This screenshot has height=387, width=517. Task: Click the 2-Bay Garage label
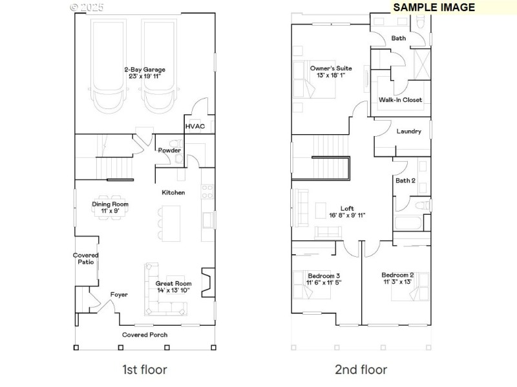(x=145, y=69)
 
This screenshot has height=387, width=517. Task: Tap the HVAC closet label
(x=195, y=126)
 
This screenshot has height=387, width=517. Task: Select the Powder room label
(x=169, y=150)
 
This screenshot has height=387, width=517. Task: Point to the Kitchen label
(x=173, y=192)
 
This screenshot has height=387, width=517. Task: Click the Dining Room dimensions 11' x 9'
(x=110, y=211)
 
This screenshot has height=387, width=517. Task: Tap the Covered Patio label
(x=85, y=259)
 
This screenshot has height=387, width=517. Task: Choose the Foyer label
(x=119, y=295)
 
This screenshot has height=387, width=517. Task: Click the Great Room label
(x=174, y=283)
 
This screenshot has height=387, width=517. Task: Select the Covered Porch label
(x=145, y=335)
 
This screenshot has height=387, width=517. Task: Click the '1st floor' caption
(x=145, y=370)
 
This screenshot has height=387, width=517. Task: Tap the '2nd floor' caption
(x=361, y=370)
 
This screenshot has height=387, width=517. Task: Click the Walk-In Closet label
(x=400, y=100)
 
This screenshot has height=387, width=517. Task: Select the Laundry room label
(x=408, y=132)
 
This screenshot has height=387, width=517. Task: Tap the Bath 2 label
(x=405, y=181)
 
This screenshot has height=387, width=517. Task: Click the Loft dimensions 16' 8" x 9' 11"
(x=347, y=215)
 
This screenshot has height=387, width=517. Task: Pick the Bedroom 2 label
(x=397, y=275)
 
